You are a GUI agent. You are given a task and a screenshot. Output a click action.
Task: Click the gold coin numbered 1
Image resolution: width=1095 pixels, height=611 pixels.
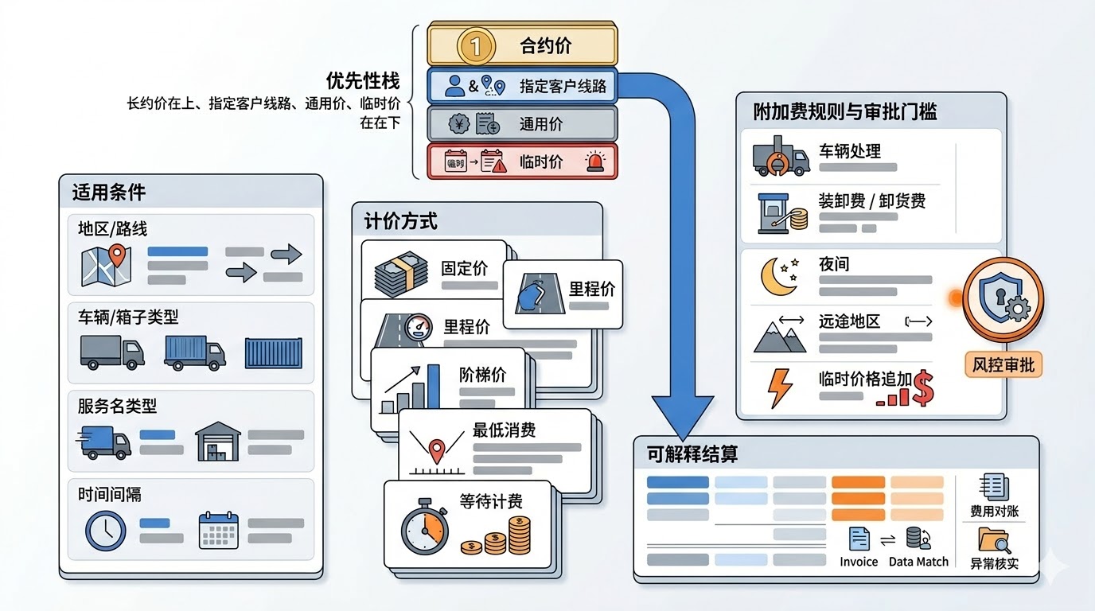pos(476,46)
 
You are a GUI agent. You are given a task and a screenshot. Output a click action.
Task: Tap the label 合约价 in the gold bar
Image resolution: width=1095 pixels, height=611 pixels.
pos(545,46)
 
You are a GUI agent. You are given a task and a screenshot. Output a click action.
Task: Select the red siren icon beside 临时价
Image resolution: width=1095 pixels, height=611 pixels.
pos(595,162)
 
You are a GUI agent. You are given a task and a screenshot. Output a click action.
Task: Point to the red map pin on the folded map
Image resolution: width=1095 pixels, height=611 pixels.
pos(118,256)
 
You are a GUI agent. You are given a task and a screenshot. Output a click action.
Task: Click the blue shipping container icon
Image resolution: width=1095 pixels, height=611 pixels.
pos(273,353)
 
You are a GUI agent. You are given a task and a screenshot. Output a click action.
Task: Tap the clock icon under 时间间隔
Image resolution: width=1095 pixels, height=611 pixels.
pos(106,531)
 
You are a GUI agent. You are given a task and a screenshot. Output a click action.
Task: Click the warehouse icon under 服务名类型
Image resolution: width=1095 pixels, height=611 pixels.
pos(216,442)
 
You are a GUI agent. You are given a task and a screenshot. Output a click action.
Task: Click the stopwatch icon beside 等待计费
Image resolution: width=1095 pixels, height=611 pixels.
pos(425,526)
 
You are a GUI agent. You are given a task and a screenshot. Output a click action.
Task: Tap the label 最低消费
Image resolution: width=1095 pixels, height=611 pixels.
pos(505,430)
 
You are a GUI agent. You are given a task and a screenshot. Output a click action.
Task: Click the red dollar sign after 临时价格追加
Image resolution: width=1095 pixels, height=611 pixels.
pos(922,387)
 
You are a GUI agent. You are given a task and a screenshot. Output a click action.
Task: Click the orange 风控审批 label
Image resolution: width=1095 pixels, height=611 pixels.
pos(1003,364)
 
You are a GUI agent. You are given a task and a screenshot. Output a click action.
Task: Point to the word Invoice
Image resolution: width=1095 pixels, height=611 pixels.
pos(859,562)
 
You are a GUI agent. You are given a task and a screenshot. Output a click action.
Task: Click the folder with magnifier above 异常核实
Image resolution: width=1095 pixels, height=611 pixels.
pos(993,540)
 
